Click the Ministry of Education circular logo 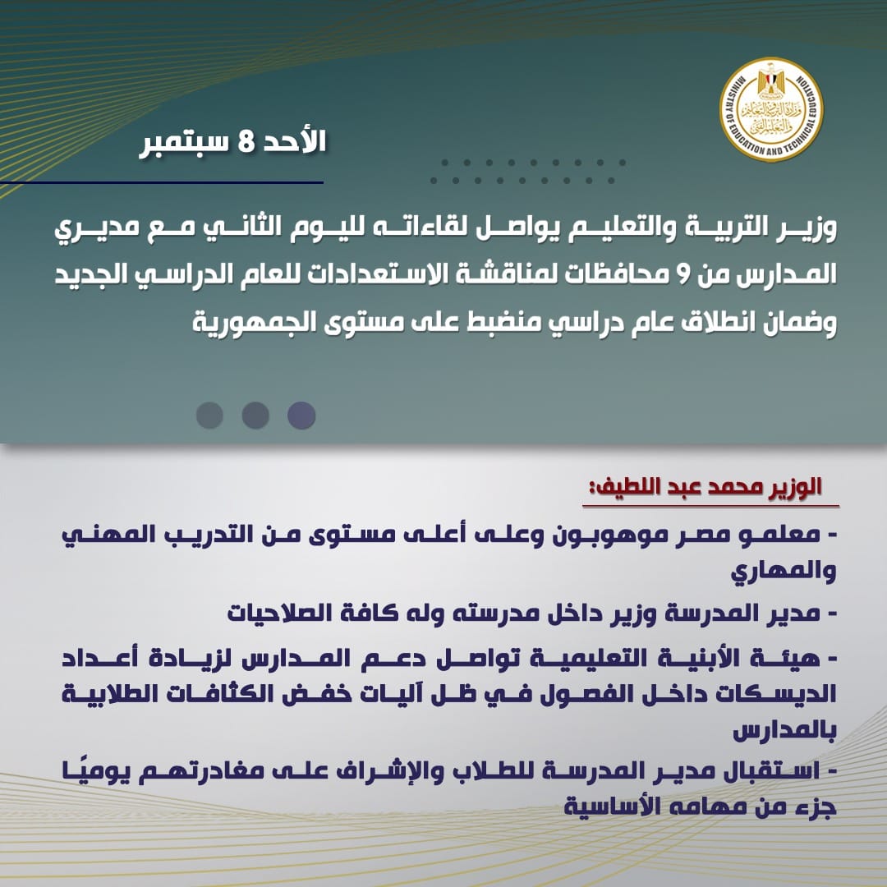(x=771, y=110)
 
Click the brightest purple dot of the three (x=301, y=415)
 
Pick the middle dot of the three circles (x=255, y=415)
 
